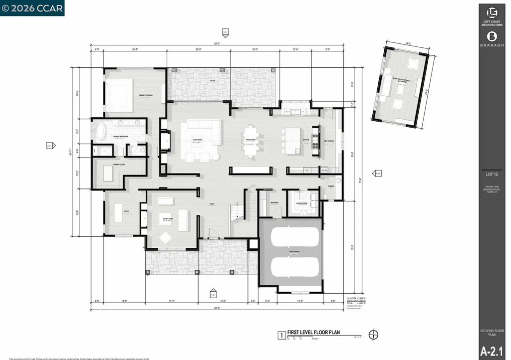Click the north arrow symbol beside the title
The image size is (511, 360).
pos(373,335)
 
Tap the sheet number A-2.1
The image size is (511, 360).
pos(494,350)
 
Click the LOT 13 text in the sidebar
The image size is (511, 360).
pos(494,175)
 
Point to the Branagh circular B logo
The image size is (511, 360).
pos(494,35)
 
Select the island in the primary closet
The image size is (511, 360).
pos(109,173)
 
